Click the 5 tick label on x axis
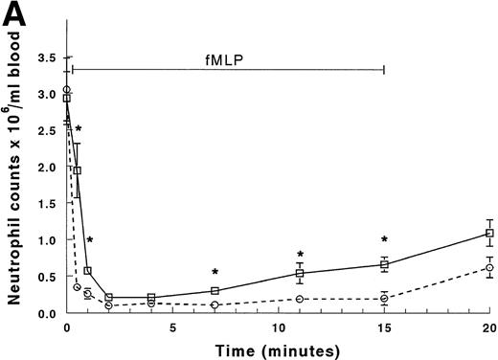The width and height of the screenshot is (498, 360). click(172, 328)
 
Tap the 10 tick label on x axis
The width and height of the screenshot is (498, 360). click(278, 328)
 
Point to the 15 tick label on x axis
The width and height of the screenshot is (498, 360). click(384, 328)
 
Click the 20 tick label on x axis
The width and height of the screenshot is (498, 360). click(489, 328)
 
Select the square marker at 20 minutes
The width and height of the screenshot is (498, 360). click(489, 233)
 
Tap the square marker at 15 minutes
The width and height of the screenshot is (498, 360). click(384, 264)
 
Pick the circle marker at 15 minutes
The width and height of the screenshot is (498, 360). click(384, 298)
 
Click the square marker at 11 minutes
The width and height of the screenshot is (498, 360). click(300, 273)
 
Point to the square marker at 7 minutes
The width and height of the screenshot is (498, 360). click(215, 290)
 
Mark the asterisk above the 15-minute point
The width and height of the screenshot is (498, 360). click(384, 239)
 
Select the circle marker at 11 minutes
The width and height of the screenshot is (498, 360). click(300, 299)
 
